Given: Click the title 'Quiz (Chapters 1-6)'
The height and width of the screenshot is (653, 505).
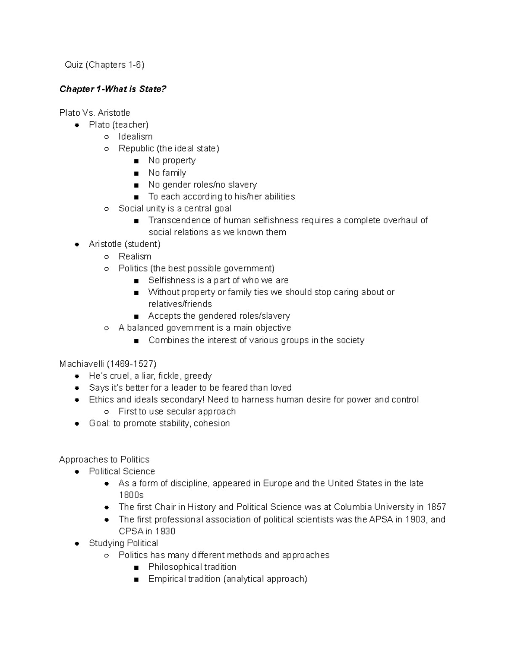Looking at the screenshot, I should click(104, 65).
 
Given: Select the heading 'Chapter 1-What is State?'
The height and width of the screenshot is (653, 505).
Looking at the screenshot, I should click(113, 89).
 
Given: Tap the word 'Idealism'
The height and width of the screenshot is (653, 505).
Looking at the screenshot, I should click(136, 137).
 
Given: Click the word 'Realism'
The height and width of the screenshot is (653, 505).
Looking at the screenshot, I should click(135, 256).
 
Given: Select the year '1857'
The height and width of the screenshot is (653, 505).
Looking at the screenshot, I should click(436, 507).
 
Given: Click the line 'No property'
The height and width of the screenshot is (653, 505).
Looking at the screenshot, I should click(172, 161).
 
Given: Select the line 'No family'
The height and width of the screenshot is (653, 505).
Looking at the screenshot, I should click(167, 173).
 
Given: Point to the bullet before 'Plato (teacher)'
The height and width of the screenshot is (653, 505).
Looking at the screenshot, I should click(77, 125).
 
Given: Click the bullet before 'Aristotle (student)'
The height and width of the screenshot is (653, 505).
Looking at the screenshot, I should click(77, 244).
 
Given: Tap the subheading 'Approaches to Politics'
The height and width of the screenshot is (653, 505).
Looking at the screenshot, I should click(104, 459).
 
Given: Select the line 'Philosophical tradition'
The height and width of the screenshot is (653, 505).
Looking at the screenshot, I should click(192, 567).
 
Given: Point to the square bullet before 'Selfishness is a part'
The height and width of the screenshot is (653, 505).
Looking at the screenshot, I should click(136, 280).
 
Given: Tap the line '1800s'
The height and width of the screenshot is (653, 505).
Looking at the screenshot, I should click(131, 495).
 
